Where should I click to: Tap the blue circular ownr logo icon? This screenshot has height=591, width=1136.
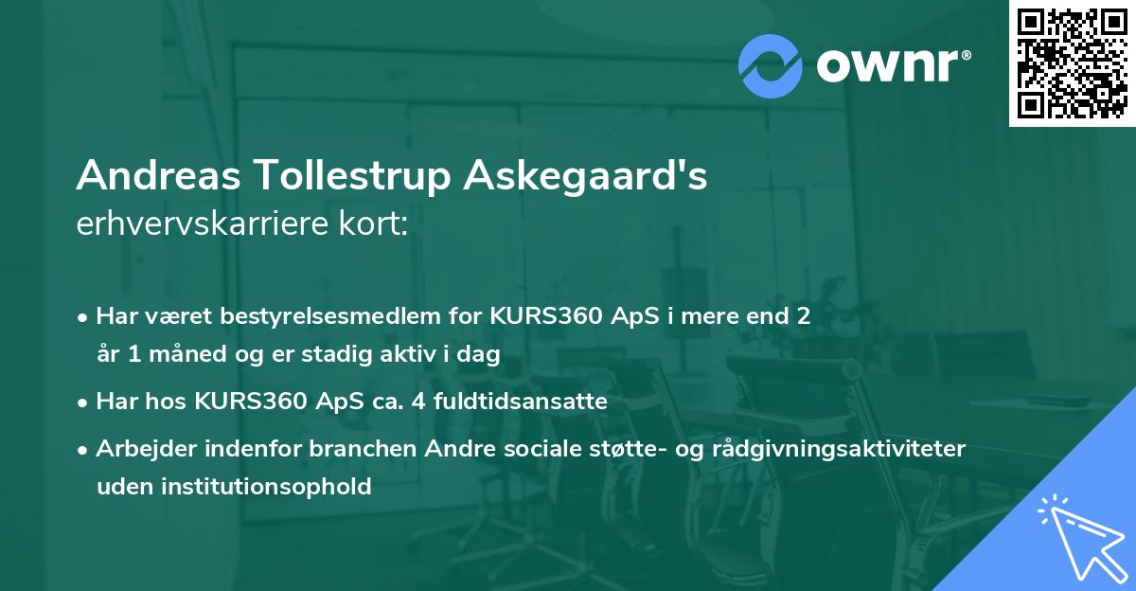[771, 64]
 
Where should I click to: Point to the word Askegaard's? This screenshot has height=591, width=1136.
[585, 176]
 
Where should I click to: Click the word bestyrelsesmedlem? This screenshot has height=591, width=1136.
[321, 315]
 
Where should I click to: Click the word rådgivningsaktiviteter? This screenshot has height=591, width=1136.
[857, 448]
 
